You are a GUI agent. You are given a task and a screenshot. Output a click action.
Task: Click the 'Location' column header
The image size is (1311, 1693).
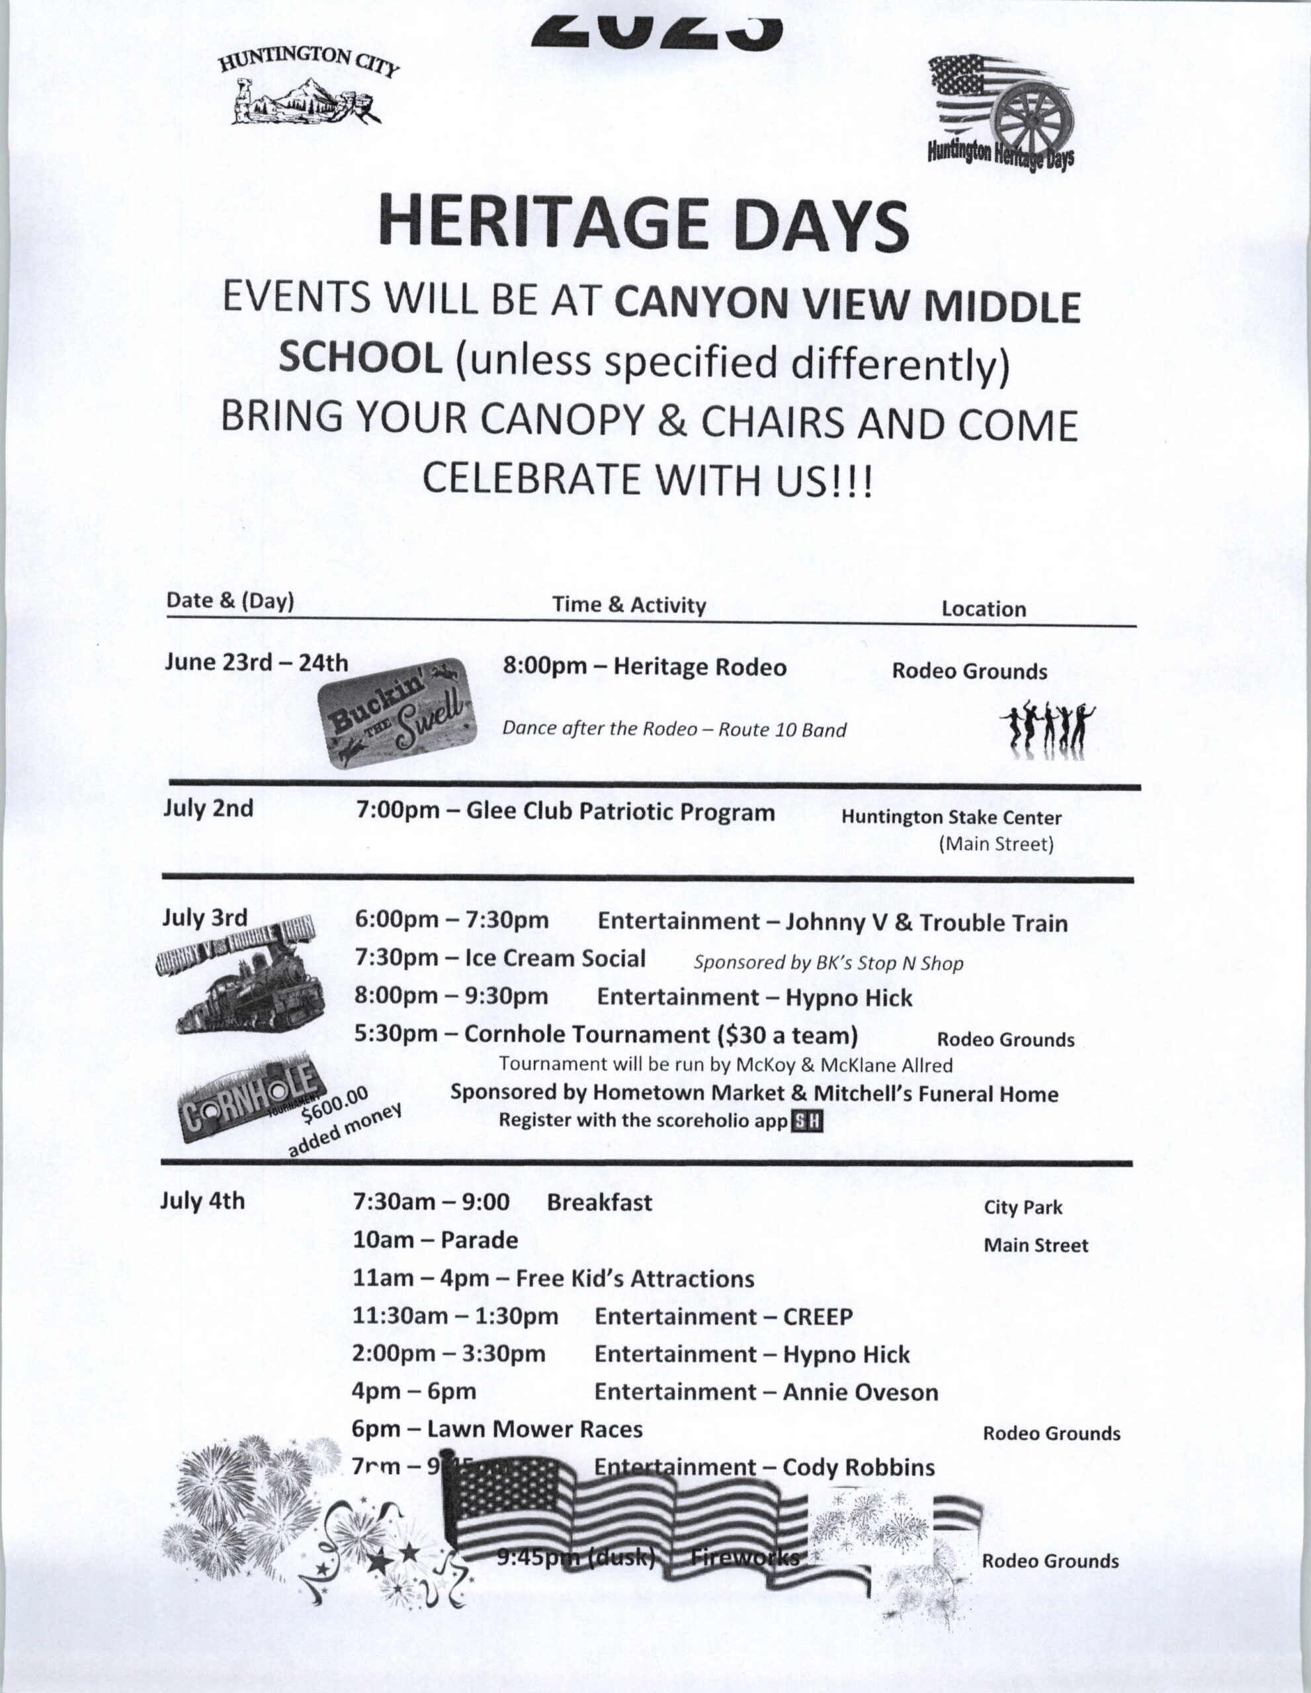click(983, 609)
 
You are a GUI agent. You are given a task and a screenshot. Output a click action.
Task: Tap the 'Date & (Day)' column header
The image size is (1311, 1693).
click(230, 602)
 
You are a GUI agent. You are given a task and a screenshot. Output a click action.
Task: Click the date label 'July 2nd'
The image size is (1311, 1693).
click(208, 809)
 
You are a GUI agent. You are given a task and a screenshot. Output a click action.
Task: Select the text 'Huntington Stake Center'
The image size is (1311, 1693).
click(951, 817)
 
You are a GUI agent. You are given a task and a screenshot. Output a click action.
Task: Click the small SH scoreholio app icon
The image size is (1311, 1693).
click(806, 1122)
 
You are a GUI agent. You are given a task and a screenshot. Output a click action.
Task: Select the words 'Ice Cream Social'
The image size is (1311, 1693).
click(554, 959)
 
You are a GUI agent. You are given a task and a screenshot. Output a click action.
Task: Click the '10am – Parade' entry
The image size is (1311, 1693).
click(435, 1240)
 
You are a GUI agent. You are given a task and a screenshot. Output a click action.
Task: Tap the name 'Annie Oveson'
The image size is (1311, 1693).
click(860, 1392)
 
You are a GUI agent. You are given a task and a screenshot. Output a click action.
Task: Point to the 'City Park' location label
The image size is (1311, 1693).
click(1023, 1208)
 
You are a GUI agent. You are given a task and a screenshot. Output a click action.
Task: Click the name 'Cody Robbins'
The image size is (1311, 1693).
click(859, 1467)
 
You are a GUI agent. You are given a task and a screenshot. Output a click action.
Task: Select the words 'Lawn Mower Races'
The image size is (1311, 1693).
click(535, 1429)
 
